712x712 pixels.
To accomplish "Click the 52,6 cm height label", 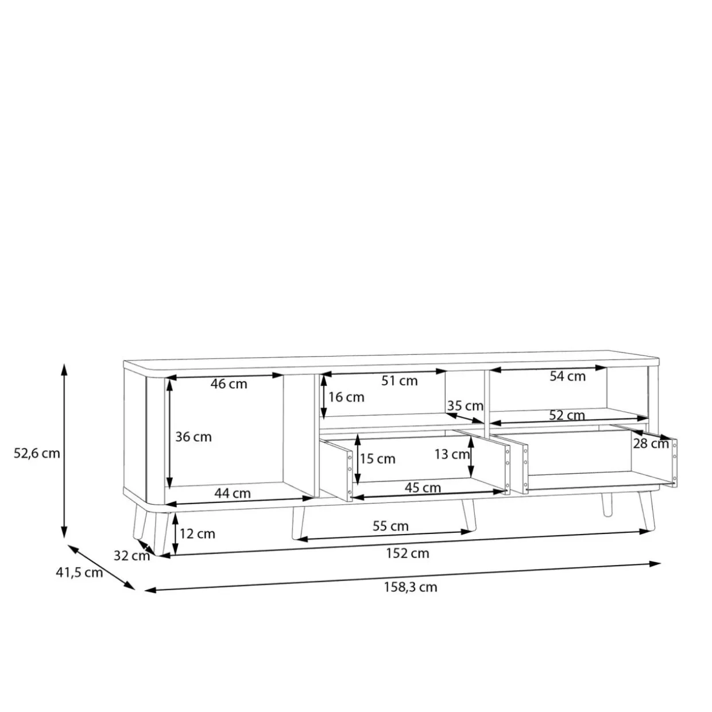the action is tap(37, 454).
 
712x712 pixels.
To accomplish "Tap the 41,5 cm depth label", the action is tap(79, 572).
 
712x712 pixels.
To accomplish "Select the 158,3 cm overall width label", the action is tap(411, 587).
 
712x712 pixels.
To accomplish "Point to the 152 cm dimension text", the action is tap(408, 553).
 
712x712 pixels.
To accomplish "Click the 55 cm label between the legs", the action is tap(390, 526).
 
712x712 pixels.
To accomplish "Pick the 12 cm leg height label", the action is tap(198, 533).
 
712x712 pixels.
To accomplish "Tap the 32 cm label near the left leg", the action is tap(131, 555).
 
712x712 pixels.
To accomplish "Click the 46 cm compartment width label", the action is tap(229, 384).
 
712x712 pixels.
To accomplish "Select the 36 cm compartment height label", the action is tap(194, 437).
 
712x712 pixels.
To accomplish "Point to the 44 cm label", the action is tap(233, 493).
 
